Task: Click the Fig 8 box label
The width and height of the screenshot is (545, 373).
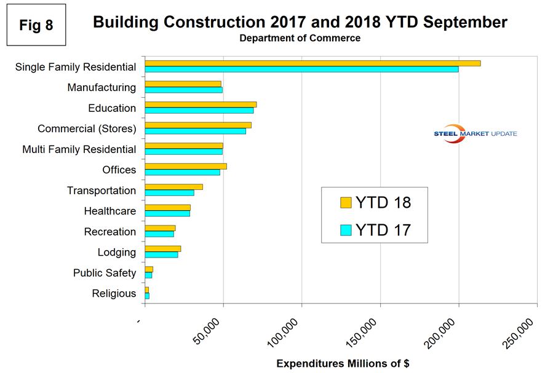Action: pyautogui.click(x=36, y=26)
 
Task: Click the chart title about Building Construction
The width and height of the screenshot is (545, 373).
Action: pyautogui.click(x=300, y=23)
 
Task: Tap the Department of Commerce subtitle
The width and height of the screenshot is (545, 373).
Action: pyautogui.click(x=300, y=38)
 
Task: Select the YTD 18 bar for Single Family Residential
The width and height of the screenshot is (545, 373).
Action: pyautogui.click(x=312, y=63)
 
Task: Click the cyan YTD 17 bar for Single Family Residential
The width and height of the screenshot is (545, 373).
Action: pyautogui.click(x=301, y=69)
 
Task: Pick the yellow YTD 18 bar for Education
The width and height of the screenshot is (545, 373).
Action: pyautogui.click(x=201, y=104)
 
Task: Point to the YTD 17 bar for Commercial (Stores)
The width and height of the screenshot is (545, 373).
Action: pyautogui.click(x=195, y=131)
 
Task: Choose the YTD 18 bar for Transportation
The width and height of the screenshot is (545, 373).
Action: pyautogui.click(x=173, y=187)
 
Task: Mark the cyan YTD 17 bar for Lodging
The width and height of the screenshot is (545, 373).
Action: pyautogui.click(x=161, y=254)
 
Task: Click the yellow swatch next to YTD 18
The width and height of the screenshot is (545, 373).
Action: pyautogui.click(x=346, y=203)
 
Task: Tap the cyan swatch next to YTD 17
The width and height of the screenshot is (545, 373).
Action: pyautogui.click(x=346, y=230)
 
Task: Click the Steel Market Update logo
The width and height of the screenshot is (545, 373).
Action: pyautogui.click(x=475, y=135)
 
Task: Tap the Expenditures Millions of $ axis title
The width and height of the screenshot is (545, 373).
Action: pyautogui.click(x=343, y=363)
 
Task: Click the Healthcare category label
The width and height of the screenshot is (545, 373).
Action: pyautogui.click(x=110, y=211)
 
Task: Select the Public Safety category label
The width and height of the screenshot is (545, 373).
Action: pyautogui.click(x=105, y=273)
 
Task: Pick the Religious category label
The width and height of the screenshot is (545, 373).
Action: pyautogui.click(x=114, y=294)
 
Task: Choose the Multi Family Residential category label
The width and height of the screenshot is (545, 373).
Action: pyautogui.click(x=79, y=149)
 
